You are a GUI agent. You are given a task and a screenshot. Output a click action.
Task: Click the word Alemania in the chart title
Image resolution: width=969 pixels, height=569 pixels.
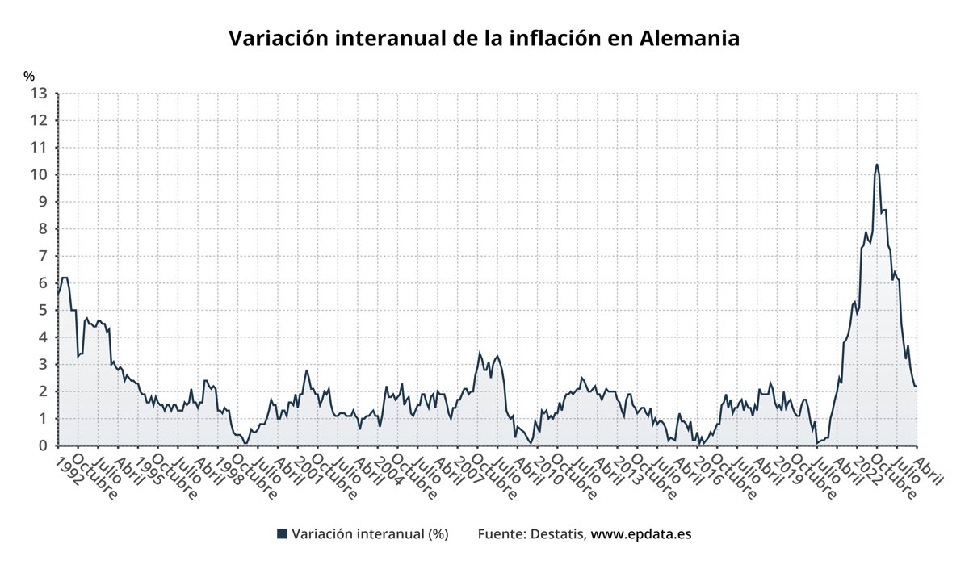690,38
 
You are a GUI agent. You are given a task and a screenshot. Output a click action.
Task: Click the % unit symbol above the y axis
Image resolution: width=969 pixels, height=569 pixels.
29,77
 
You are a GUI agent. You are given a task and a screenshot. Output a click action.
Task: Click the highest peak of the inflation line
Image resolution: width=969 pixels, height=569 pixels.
877,165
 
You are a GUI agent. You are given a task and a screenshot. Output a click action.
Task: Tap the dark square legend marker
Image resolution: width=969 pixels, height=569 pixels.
282,534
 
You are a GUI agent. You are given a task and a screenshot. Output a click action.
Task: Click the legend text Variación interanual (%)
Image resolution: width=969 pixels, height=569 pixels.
370,534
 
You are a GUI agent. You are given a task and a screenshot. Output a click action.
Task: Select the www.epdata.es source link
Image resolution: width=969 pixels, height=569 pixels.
641,534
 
